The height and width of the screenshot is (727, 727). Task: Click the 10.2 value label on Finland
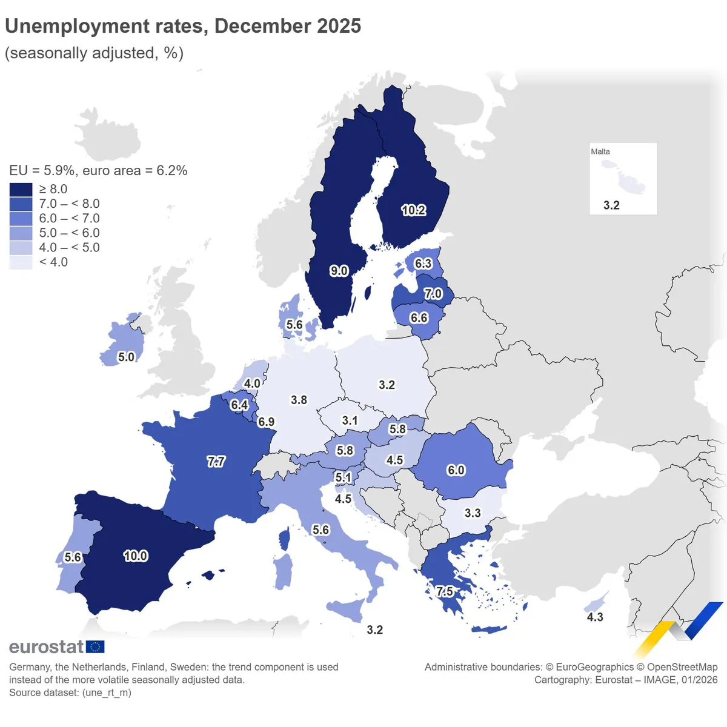point(413,210)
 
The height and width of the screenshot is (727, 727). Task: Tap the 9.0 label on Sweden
point(339,271)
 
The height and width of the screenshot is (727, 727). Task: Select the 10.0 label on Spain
point(135,556)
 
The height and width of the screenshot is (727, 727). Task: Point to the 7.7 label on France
point(216,462)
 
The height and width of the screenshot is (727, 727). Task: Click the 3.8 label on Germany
point(299,400)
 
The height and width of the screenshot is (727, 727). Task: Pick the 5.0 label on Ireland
point(126,357)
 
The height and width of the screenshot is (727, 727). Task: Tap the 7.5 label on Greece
point(444,591)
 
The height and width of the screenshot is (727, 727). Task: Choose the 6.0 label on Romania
point(456,470)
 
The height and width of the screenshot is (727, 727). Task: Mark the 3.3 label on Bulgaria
point(473,513)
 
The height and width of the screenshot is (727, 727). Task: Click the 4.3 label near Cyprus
point(595,617)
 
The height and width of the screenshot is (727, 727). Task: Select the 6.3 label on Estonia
point(423,264)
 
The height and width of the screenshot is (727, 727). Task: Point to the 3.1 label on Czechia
point(350,420)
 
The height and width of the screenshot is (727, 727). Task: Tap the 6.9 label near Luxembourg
point(266,422)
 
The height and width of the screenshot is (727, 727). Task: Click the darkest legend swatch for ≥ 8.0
point(21,190)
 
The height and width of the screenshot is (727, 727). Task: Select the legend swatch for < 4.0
point(21,262)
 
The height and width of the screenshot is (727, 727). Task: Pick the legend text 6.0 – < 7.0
point(69,219)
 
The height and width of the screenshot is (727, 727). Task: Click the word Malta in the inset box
point(600,151)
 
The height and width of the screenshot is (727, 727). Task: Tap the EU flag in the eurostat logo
point(95,647)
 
